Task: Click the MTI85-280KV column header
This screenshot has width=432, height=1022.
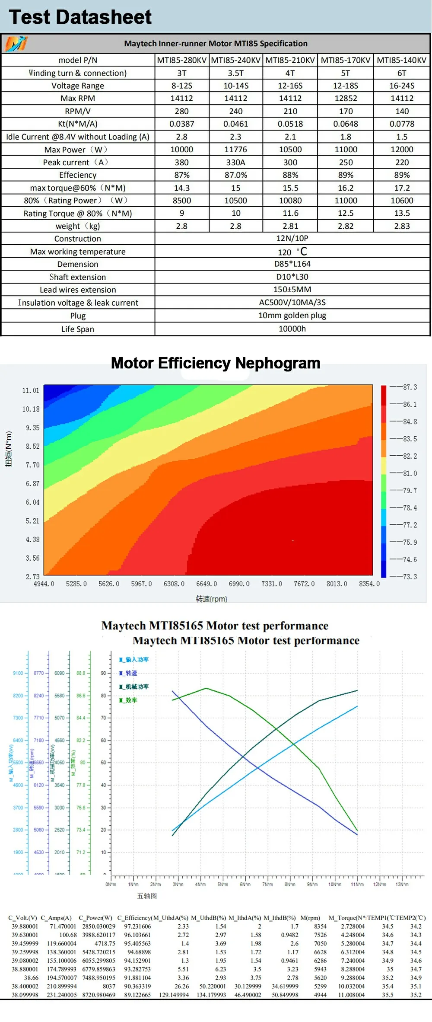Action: click(x=182, y=60)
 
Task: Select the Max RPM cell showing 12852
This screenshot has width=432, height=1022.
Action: click(x=346, y=98)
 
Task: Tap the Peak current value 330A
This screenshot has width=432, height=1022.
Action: click(x=235, y=162)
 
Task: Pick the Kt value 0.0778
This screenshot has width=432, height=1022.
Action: click(x=402, y=124)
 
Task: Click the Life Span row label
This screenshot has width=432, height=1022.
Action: click(x=78, y=329)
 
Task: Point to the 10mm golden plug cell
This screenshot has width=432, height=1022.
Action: click(x=292, y=315)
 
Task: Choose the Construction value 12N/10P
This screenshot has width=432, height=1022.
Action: click(x=292, y=238)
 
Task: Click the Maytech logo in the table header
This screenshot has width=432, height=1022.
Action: click(x=16, y=43)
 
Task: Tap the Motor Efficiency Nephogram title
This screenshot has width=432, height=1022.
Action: click(x=216, y=363)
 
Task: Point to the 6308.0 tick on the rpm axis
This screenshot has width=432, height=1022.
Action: click(x=174, y=584)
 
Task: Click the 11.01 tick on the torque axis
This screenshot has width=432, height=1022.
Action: click(x=31, y=390)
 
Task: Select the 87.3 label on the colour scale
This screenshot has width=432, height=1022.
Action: click(x=410, y=387)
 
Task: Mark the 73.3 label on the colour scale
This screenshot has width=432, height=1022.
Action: click(x=410, y=576)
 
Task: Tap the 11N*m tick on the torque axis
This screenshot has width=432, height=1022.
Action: click(x=357, y=885)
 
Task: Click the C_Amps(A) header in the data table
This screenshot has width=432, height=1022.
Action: click(x=56, y=917)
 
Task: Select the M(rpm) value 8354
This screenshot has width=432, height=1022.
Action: click(x=320, y=926)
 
